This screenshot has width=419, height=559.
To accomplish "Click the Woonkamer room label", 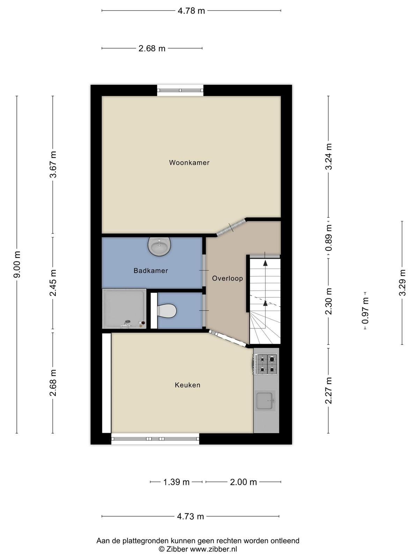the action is tap(189, 162).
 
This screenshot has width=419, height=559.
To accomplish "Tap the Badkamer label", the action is tap(151, 270).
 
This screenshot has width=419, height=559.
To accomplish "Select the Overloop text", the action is tap(227, 278).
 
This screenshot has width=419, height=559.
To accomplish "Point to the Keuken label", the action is tap(188, 385).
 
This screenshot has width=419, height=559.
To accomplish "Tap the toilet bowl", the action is tap(167, 311).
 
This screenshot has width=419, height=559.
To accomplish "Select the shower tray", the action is tap(124, 308).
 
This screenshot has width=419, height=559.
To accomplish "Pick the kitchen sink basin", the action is tap(265, 401).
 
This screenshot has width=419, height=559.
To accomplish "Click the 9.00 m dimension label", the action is tap(17, 264).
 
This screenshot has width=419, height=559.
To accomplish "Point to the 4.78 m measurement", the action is tap(191, 11).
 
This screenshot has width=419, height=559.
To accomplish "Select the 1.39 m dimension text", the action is tap(176, 482).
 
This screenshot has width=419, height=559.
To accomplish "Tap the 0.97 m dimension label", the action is tap(365, 311).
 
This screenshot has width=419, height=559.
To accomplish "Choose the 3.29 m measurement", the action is tap(402, 283).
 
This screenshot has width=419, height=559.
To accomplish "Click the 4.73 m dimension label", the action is tap(191, 516).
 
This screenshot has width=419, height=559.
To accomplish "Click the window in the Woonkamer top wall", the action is tap(180, 90).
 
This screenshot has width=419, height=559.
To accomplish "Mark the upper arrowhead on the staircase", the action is tap(265, 263).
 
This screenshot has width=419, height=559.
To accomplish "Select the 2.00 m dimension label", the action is tap(243, 482).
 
